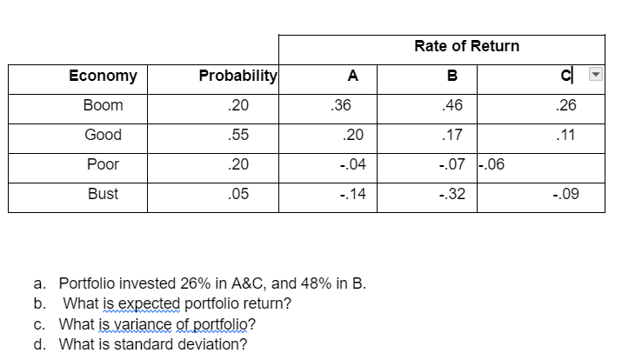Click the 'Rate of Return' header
pyautogui.click(x=466, y=46)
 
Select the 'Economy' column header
pyautogui.click(x=103, y=76)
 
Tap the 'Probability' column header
pyautogui.click(x=237, y=76)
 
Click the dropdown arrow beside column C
pyautogui.click(x=594, y=75)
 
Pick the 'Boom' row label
pyautogui.click(x=103, y=105)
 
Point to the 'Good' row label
pyautogui.click(x=103, y=135)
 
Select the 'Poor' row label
pyautogui.click(x=103, y=164)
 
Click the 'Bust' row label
pyautogui.click(x=103, y=195)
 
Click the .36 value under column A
pyautogui.click(x=341, y=105)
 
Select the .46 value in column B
pyautogui.click(x=452, y=105)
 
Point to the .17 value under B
pyautogui.click(x=452, y=135)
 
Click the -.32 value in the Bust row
pyautogui.click(x=452, y=195)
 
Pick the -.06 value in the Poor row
pyautogui.click(x=492, y=164)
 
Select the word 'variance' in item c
pyautogui.click(x=153, y=324)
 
